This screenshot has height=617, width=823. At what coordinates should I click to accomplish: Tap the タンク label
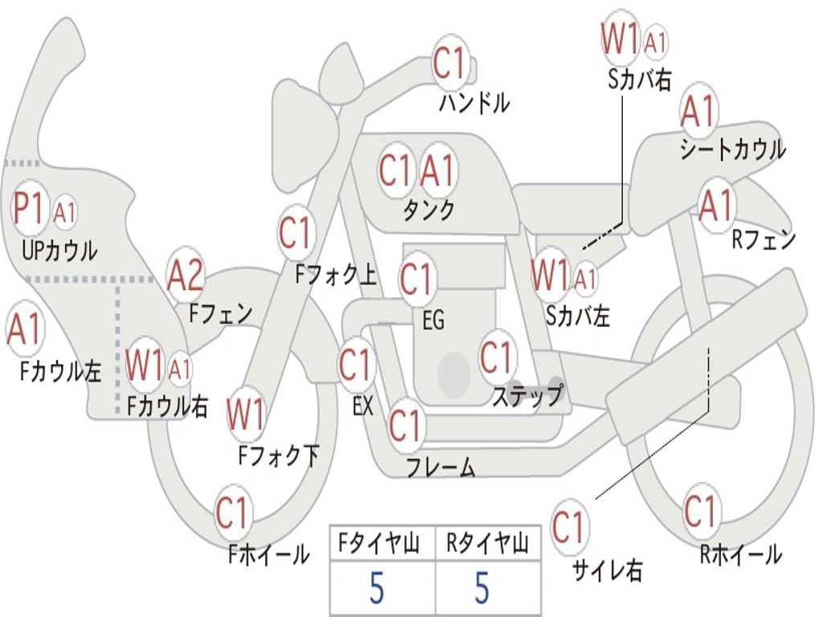coord(428,210)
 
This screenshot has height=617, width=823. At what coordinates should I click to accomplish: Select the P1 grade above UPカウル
coord(31,210)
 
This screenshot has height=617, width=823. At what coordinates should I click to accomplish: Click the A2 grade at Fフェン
coord(186,276)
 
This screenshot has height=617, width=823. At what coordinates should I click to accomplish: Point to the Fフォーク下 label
coord(279,456)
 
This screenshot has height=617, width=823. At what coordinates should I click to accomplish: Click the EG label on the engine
coord(433,321)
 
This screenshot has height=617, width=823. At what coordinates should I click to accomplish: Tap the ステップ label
coord(526,396)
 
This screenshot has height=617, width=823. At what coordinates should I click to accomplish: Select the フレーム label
coord(440,467)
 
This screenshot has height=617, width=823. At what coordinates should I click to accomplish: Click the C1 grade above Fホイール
coord(234,513)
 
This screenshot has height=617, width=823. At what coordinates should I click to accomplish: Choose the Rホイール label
coord(740,554)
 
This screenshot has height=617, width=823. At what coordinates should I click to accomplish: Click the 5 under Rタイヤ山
coord(481,589)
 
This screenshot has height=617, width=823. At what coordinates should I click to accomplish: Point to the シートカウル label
coord(732,149)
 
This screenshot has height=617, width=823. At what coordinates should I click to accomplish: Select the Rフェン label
coord(763,239)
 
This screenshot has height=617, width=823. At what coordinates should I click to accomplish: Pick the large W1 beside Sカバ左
coord(551,276)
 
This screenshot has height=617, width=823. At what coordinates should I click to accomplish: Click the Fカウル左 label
coord(61,370)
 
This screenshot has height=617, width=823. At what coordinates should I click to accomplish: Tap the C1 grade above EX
coord(355,366)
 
